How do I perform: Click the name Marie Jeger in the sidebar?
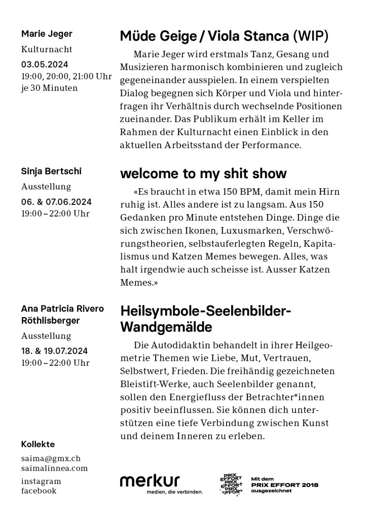(x=47, y=34)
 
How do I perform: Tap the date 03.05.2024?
(x=45, y=64)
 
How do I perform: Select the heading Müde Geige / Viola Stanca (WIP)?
(x=224, y=37)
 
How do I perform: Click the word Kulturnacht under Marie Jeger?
(x=47, y=50)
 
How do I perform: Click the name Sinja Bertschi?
(x=51, y=171)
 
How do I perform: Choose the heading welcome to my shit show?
(x=203, y=174)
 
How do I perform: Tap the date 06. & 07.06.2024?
(x=56, y=201)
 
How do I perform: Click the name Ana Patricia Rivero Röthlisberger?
(x=62, y=315)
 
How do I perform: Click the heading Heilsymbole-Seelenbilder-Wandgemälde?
(x=205, y=319)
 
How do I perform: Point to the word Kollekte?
(x=38, y=444)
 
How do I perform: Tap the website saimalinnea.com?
(x=54, y=468)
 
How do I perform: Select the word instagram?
(x=41, y=481)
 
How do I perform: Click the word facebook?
(x=39, y=491)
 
